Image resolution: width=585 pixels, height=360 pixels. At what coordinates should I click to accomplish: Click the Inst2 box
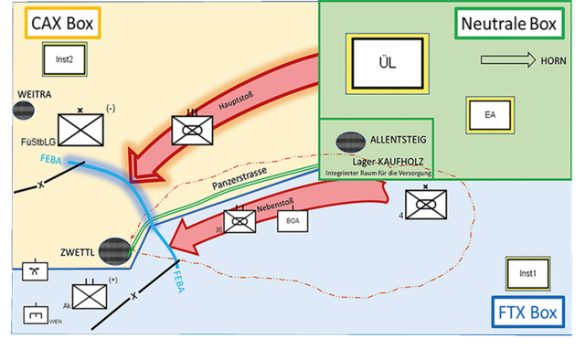tap(64, 60)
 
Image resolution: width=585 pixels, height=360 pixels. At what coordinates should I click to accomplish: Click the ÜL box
tap(384, 62)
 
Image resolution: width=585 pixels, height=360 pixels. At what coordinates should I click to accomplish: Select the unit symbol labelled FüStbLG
tap(80, 132)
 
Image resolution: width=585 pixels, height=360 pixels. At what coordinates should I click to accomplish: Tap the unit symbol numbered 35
tap(239, 221)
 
